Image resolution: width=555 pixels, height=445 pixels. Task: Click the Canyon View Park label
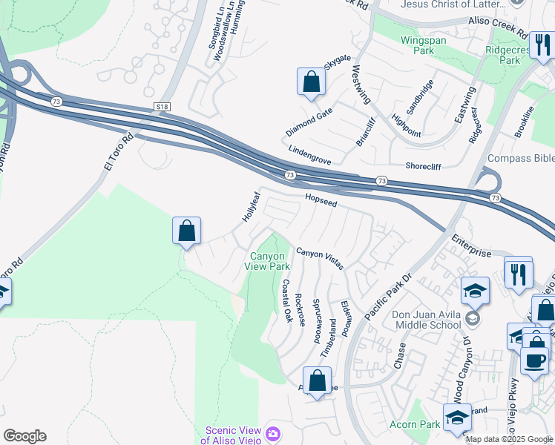pos(268,260)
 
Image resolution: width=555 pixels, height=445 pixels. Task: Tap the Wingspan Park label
pos(423,46)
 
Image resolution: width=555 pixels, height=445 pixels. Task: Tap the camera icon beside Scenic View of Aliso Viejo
pos(274,432)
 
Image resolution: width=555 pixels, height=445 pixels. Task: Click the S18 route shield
pos(163,107)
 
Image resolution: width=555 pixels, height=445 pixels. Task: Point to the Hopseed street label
pos(321,200)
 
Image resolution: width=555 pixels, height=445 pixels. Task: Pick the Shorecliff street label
pos(429,165)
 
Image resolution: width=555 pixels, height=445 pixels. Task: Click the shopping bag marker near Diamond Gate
pos(311,82)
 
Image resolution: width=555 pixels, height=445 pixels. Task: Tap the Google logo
pos(24,436)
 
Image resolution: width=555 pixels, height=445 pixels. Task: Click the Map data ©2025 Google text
pos(509,439)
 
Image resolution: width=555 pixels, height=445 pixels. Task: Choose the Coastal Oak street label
pos(286,300)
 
